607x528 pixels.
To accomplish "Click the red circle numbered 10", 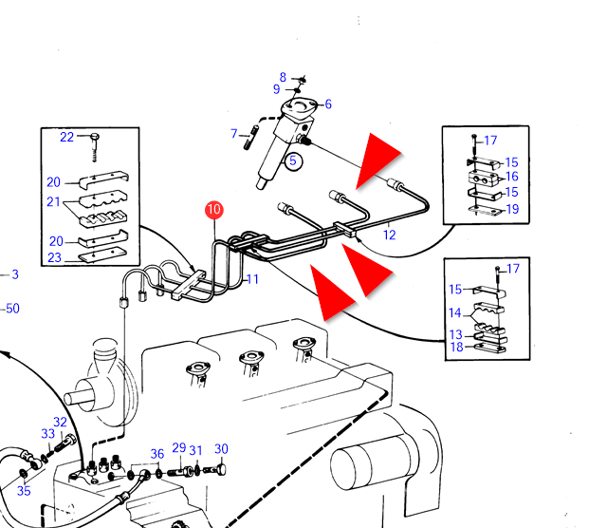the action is tap(214, 210).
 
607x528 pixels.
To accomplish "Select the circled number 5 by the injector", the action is tap(293, 160).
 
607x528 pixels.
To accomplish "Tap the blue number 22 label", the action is tap(66, 137).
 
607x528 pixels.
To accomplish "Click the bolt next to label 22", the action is tap(95, 147).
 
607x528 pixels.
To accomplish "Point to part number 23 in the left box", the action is tap(55, 257).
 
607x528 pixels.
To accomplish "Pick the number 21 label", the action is tap(53, 201).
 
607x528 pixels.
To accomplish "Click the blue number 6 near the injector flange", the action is tap(328, 104).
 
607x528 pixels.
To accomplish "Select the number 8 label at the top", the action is tap(283, 77).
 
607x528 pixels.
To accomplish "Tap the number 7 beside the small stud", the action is tap(234, 134).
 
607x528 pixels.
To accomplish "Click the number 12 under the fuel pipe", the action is tap(390, 235).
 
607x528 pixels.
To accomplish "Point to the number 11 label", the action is tap(252, 279).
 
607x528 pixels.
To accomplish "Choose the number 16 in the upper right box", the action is tap(512, 177).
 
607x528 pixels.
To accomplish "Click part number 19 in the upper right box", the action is tap(512, 209).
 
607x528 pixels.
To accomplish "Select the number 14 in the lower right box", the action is tap(455, 312).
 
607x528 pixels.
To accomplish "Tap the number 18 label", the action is tap(457, 347).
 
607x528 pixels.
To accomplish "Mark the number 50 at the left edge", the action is tap(12, 309).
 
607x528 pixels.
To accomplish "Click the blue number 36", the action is tap(157, 454).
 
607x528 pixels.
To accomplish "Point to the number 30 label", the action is tap(221, 449).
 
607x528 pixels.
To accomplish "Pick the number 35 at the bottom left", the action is tap(24, 491).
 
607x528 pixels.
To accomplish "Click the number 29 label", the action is tap(179, 447).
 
